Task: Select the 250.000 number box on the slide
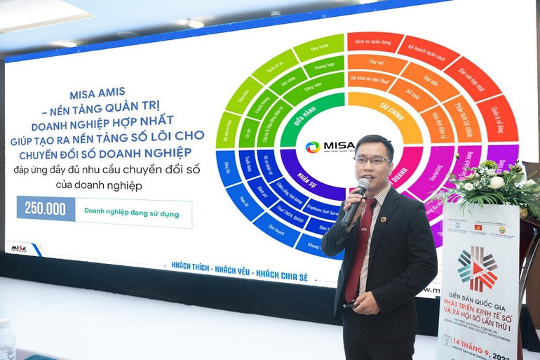[46, 208]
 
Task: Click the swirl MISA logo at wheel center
[312, 147]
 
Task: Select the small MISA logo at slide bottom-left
[19, 248]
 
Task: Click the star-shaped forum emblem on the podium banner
[477, 268]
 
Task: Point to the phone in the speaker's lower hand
[349, 306]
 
